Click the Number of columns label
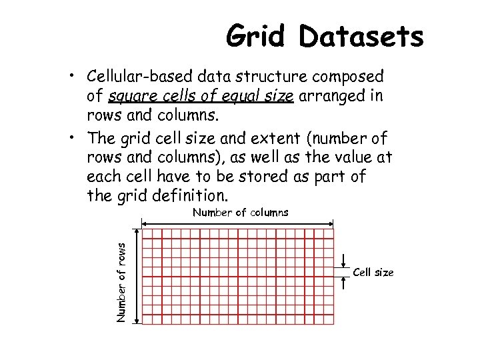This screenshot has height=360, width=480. coord(240,213)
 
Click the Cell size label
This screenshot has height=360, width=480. coord(373,273)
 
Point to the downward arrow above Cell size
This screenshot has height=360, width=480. coord(342,261)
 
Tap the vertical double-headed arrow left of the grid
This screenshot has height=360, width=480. coord(137,276)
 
